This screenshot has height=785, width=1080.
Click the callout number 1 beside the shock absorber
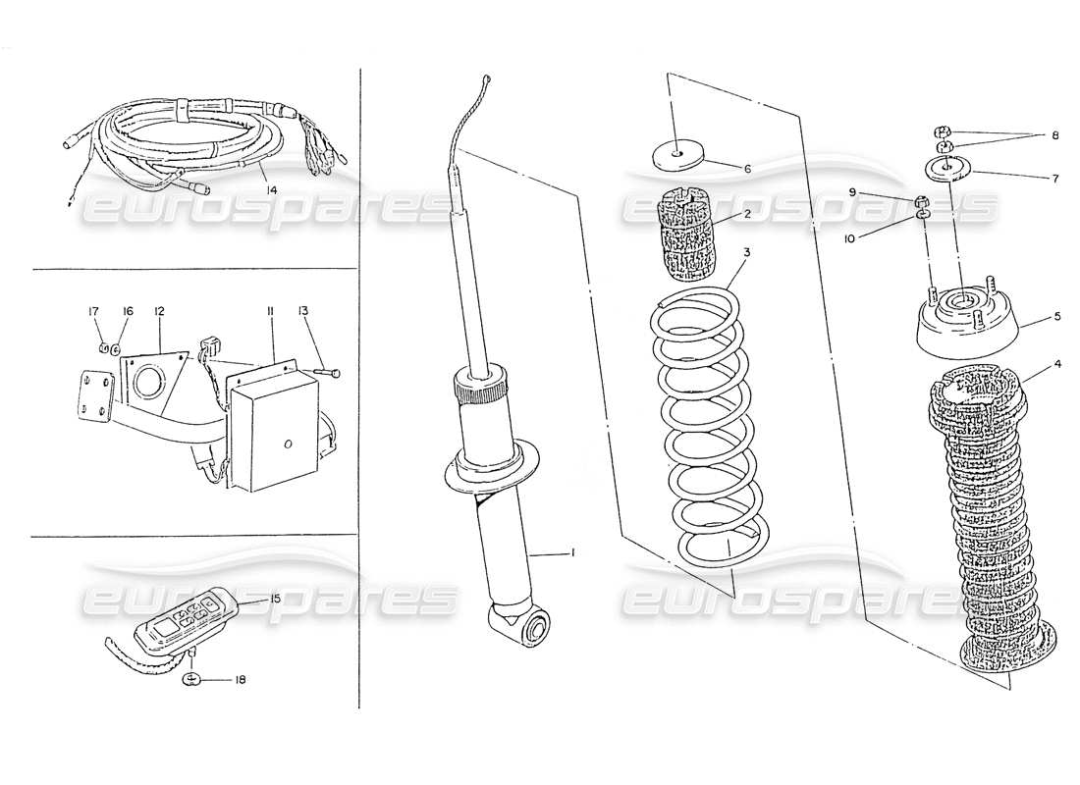pyautogui.click(x=572, y=553)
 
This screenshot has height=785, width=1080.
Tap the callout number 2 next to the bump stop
pyautogui.click(x=747, y=214)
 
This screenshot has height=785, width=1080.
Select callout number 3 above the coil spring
pyautogui.click(x=747, y=252)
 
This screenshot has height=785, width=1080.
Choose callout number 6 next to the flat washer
pyautogui.click(x=747, y=169)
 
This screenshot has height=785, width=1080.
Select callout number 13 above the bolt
pyautogui.click(x=304, y=312)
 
